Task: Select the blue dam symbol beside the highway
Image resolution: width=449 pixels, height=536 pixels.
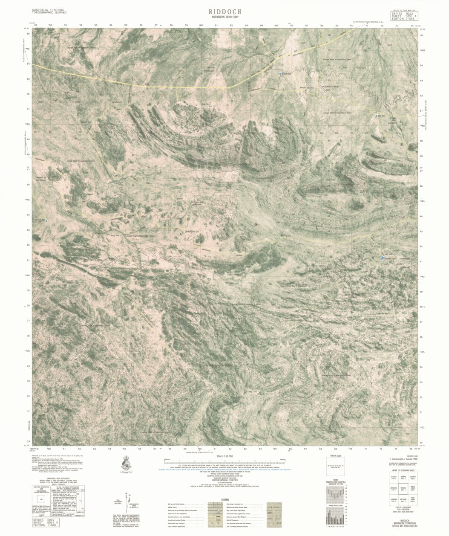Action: (x=280, y=74)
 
